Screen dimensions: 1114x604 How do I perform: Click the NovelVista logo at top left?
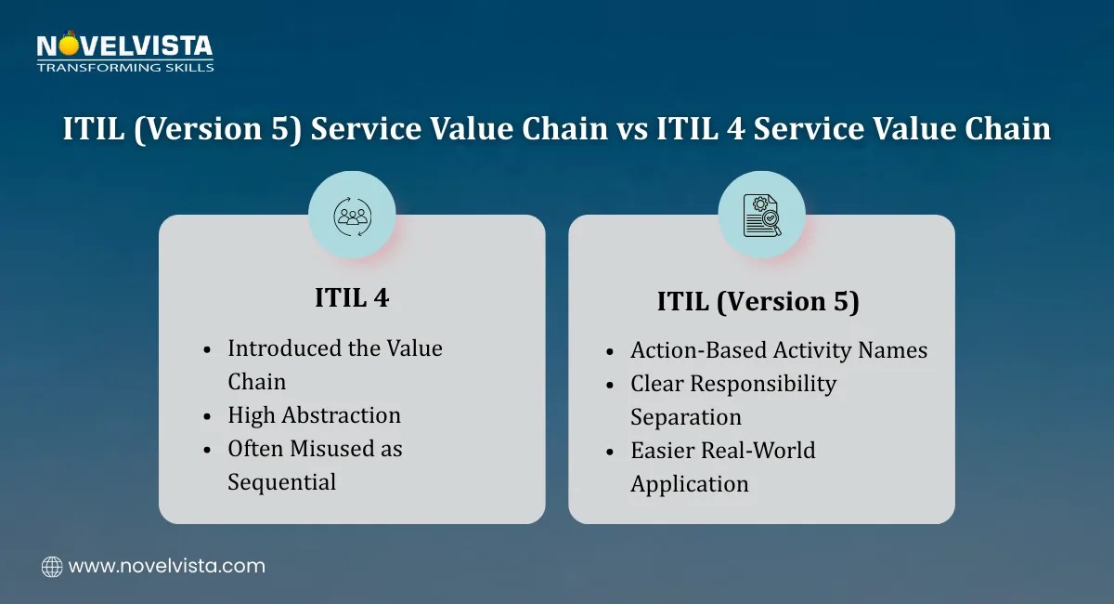tap(125, 51)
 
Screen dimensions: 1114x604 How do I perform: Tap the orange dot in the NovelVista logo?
tap(69, 46)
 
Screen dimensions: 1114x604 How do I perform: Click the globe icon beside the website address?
tap(52, 567)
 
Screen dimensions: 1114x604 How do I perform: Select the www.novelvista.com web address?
tap(167, 567)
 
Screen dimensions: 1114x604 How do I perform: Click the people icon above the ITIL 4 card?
tap(352, 217)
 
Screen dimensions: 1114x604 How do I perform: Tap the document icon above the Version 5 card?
tap(762, 215)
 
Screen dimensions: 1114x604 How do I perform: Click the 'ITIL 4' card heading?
tap(352, 297)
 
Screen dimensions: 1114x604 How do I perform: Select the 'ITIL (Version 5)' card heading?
tap(758, 302)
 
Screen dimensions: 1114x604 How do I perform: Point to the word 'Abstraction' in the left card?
tap(342, 415)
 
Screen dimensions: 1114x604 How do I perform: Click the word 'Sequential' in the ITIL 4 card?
tap(282, 482)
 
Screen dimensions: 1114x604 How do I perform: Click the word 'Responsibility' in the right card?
tap(763, 385)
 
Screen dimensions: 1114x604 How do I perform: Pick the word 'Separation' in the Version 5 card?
tap(686, 417)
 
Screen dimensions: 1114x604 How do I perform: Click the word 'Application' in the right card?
tap(689, 484)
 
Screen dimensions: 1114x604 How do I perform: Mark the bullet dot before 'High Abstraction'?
tap(207, 416)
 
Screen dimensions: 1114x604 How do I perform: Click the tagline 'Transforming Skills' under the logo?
tap(125, 67)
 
